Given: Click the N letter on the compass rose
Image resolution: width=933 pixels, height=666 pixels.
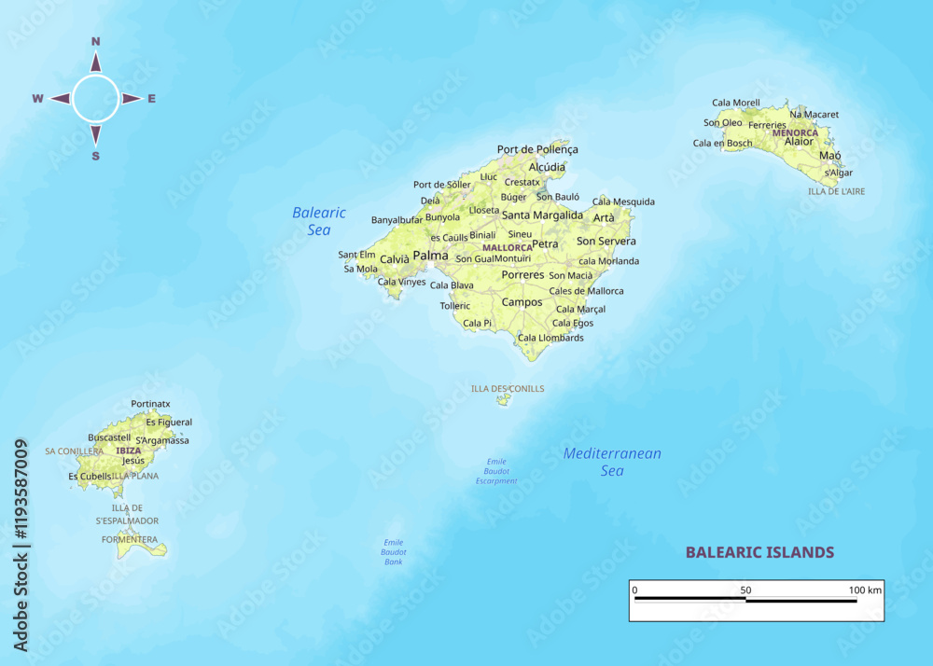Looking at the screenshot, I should coord(95,41).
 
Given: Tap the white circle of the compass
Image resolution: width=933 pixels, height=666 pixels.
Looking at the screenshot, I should coord(95,99).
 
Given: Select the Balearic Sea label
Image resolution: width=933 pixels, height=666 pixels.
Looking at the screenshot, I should coord(319,220).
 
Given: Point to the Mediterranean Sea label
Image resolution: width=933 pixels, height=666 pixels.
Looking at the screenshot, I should coord(612,462).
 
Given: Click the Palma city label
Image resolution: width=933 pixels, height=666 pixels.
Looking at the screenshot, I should coord(430,255).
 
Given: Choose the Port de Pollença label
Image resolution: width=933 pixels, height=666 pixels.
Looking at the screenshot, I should coord(537,149).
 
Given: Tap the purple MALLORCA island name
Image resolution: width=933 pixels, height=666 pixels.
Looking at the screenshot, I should coord(507,247).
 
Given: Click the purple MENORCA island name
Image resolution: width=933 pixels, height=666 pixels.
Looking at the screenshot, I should coord(795,132).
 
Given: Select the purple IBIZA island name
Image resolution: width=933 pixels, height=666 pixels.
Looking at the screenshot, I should coord(129,451).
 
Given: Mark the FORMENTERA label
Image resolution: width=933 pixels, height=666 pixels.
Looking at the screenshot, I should coord(130,539).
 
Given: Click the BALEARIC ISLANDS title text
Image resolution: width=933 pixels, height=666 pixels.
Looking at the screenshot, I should coord(759,552).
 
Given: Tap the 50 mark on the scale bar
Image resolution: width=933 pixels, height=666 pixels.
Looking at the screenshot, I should coord(745,590).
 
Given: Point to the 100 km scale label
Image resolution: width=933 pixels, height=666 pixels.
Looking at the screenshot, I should coord(864,590).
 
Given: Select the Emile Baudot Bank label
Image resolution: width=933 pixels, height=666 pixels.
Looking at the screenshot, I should coord(395,552).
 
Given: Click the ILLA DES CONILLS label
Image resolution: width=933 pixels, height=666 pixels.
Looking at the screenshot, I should coord(508,388).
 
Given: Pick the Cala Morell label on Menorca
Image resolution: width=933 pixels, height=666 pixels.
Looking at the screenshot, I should coord(736,103).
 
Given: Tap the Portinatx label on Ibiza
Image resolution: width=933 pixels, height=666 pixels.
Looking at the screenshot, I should coord(150,404).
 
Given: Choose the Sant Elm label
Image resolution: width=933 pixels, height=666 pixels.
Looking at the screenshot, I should coord(356,255).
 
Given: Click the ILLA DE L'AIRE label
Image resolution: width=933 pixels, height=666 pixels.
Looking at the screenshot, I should coord(836,191).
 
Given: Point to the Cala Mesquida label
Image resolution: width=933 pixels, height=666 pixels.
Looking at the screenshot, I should coord(623,201).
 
